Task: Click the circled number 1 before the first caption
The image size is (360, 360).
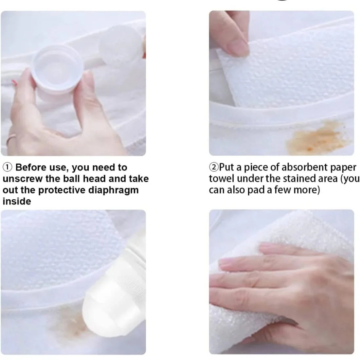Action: [8, 168]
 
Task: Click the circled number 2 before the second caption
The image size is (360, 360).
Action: [214, 168]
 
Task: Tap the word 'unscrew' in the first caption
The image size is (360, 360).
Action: [21, 179]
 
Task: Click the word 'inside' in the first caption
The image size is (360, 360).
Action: [17, 201]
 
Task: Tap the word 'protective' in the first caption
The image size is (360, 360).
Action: [63, 190]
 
